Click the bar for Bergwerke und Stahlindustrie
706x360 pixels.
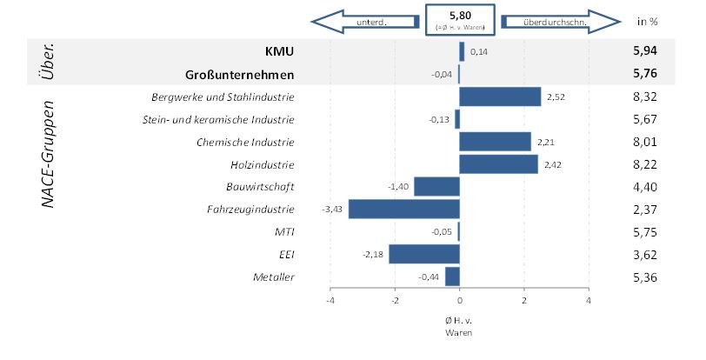tap(500, 97)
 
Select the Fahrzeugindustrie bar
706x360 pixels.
tap(403, 210)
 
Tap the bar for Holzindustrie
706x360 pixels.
tap(498, 164)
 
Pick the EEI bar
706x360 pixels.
tap(423, 254)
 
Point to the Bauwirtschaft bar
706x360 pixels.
tap(436, 187)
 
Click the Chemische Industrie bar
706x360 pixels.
tap(495, 142)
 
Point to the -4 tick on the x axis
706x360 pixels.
tap(330, 302)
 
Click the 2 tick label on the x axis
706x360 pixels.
tap(524, 302)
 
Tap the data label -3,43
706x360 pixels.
tap(332, 210)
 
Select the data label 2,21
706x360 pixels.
tap(546, 142)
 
